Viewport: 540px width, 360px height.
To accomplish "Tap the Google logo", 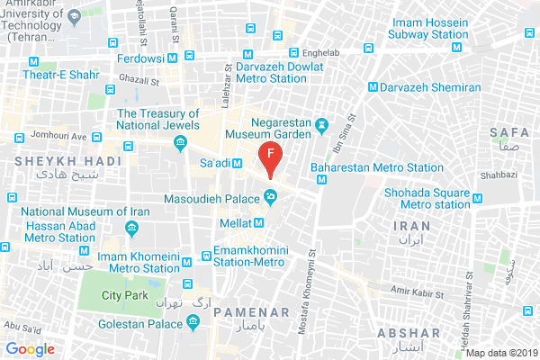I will tap(29, 349).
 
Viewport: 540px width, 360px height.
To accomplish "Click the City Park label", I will tap(124, 294).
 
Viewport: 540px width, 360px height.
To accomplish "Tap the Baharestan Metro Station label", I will tap(376, 167).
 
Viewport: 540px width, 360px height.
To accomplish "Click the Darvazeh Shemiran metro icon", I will tap(373, 87).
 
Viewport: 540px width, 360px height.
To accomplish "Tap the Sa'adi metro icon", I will tap(238, 163).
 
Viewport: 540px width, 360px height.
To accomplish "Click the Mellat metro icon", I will tap(259, 222).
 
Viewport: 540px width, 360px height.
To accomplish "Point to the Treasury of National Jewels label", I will tap(158, 121).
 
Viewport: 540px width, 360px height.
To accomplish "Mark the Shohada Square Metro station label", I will tap(427, 197).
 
